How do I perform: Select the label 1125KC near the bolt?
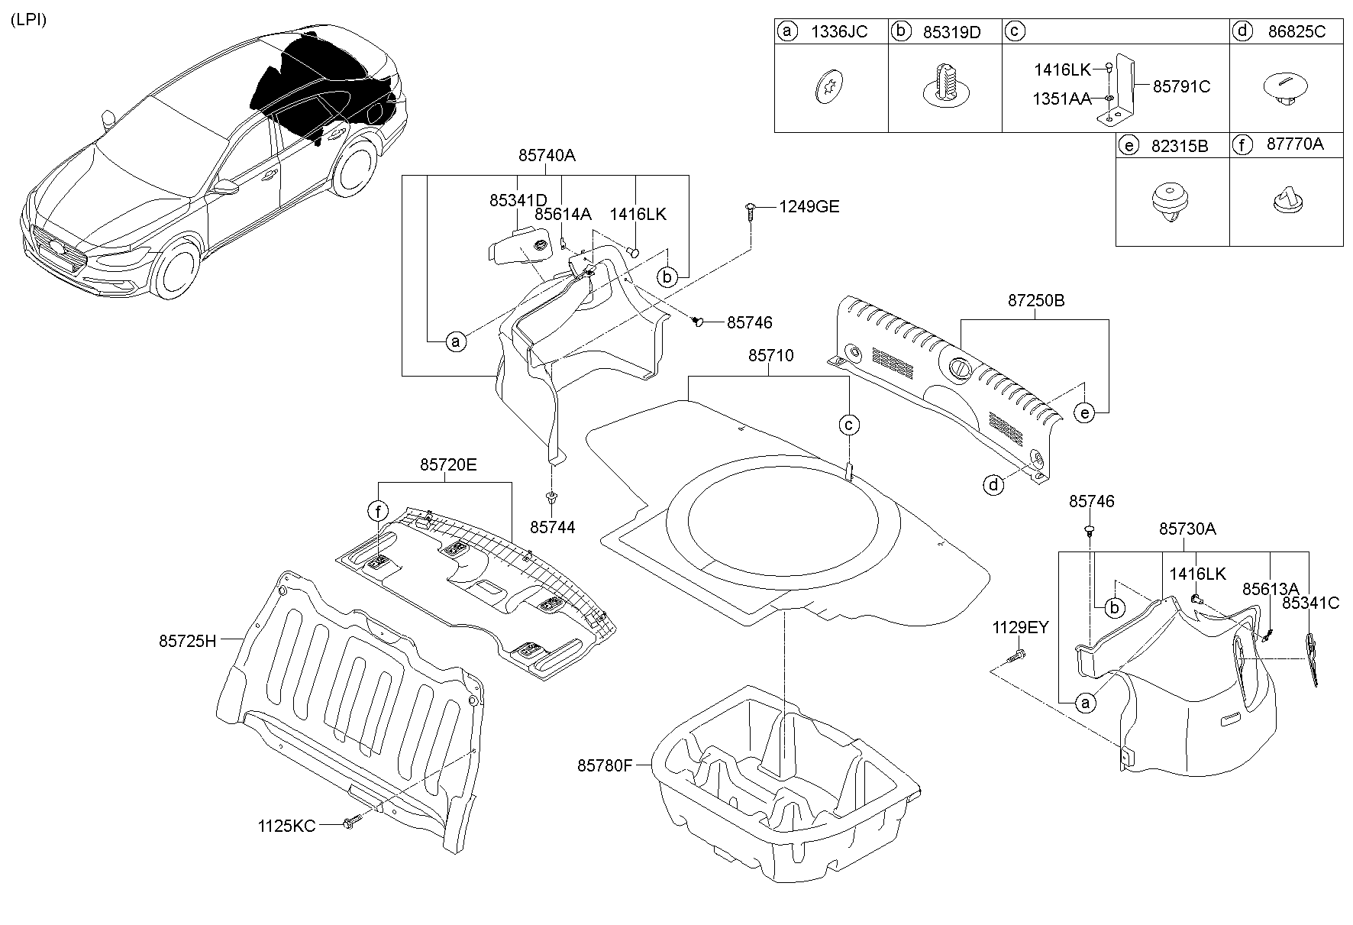[286, 826]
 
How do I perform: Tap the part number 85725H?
[188, 642]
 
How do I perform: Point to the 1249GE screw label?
[809, 207]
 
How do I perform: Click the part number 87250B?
[1035, 301]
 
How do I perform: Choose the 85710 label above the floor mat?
[770, 356]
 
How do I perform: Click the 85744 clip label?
[553, 527]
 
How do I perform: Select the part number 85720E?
[448, 464]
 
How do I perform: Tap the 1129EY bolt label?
[1020, 628]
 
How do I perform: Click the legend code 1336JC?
[839, 32]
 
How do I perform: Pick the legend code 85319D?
[951, 32]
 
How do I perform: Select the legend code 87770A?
[1294, 144]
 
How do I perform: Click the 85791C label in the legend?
[1180, 87]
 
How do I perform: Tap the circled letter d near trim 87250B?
[993, 484]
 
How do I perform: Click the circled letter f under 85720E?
[378, 510]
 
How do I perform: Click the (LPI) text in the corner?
[28, 21]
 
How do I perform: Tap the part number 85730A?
[1187, 529]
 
